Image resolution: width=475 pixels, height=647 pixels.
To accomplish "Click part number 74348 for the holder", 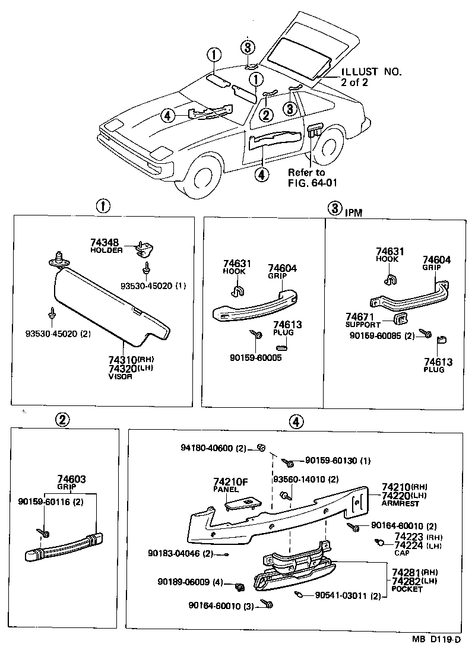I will [104, 242].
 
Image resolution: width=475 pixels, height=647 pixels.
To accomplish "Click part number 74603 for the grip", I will [72, 479].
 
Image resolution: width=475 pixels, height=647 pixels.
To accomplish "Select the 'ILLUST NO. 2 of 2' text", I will [370, 77].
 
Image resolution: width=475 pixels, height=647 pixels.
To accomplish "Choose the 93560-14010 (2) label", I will [305, 479].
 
